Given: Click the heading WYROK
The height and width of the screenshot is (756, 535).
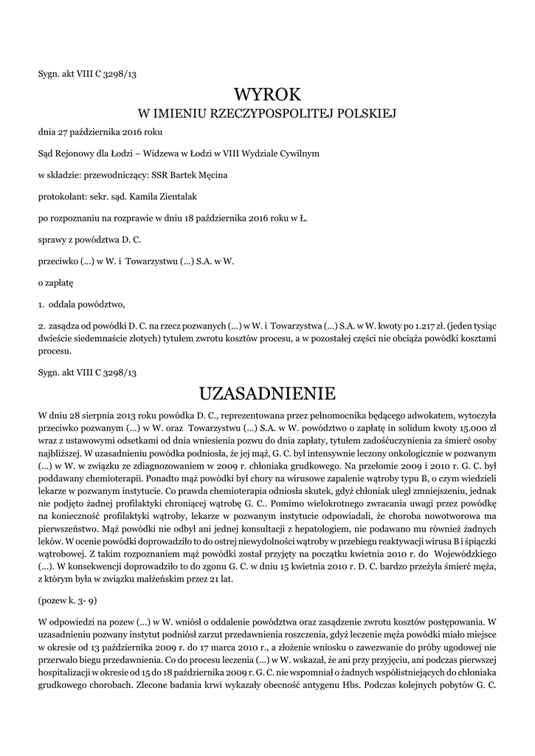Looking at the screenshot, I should click(267, 94).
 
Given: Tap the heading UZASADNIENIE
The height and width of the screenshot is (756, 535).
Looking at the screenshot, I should click(267, 391).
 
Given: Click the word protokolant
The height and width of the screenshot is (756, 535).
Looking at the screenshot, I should click(61, 196).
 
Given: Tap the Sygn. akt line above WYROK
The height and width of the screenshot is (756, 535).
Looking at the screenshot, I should click(88, 74).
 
